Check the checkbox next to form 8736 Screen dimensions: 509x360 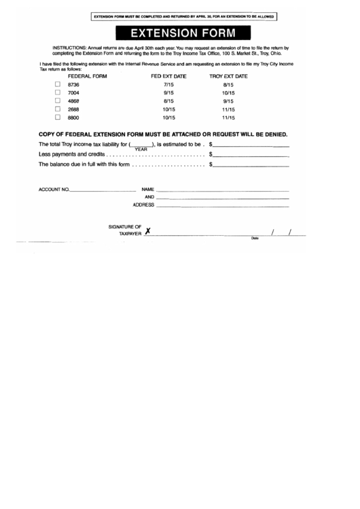[x=58, y=84]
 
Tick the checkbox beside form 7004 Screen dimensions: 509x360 [x=58, y=92]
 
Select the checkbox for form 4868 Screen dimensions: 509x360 [x=58, y=100]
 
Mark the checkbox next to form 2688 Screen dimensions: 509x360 [x=58, y=109]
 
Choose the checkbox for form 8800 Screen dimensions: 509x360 [x=58, y=117]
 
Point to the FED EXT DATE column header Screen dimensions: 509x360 [x=168, y=75]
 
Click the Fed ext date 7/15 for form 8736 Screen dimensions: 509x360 [x=169, y=84]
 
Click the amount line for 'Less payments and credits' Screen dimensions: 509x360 [x=252, y=156]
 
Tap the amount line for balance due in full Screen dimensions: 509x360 [x=252, y=165]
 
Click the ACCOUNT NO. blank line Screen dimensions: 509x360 [x=103, y=190]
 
